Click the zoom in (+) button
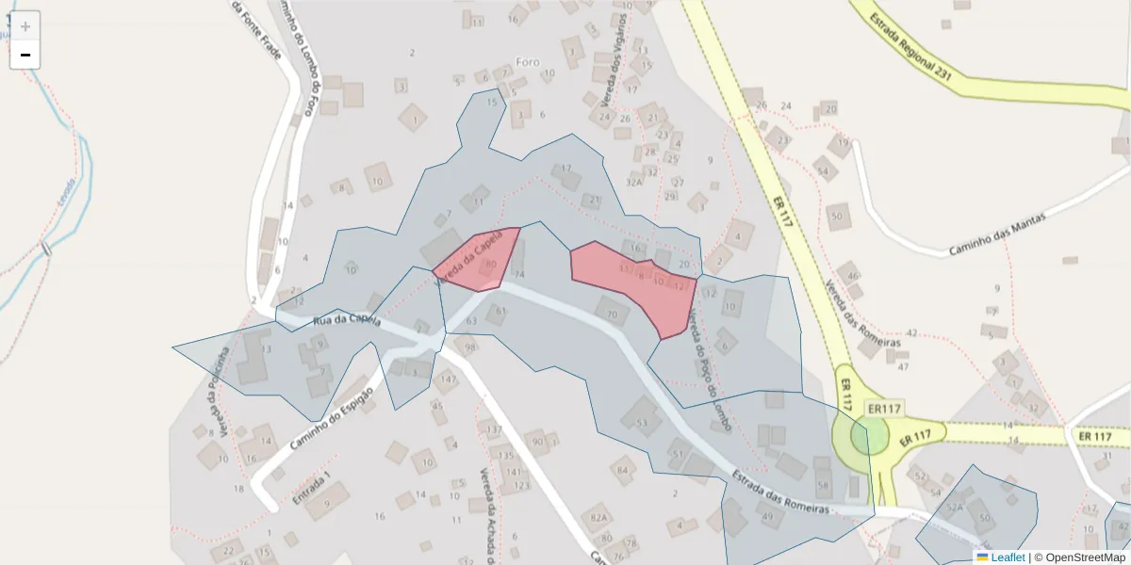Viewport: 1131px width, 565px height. coord(25,25)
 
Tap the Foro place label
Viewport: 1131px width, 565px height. coord(528,62)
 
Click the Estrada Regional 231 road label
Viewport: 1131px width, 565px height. coord(911,44)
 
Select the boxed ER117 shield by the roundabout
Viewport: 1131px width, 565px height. coord(885,410)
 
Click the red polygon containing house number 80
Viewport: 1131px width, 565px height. coord(481,259)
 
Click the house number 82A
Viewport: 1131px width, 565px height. coord(597,518)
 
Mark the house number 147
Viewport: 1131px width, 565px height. coord(448,379)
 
